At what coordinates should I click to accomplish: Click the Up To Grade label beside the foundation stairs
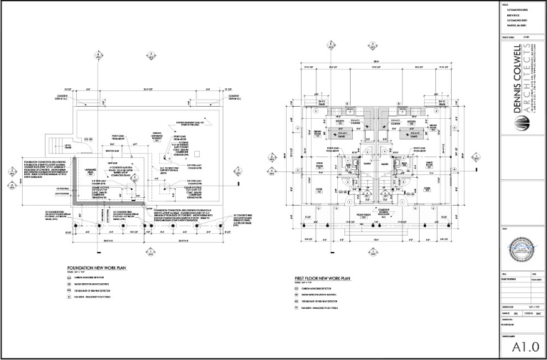pyautogui.click(x=68, y=146)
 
